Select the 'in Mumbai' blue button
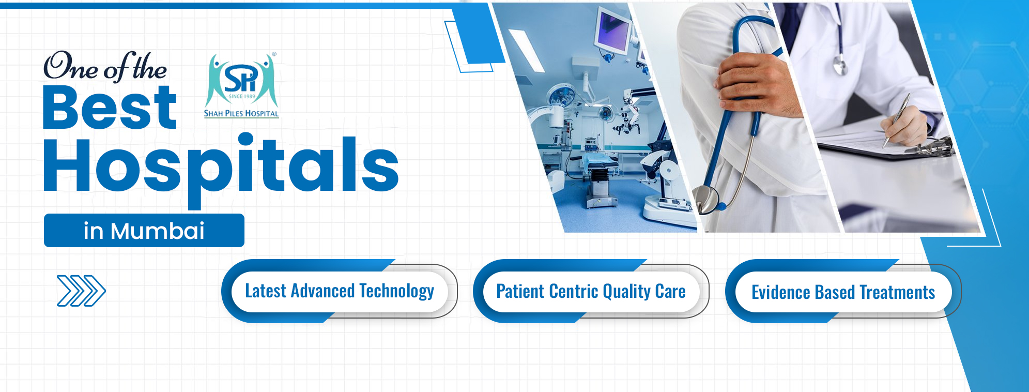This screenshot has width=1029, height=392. click(x=144, y=231)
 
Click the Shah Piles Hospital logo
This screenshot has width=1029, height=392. click(x=241, y=85)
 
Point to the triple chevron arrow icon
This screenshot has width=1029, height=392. click(x=81, y=291)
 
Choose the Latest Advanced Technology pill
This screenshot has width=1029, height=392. click(x=339, y=291)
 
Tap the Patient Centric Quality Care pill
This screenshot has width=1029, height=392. click(x=591, y=291)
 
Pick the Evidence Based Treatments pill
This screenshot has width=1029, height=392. click(x=843, y=292)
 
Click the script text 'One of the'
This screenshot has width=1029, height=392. click(x=105, y=67)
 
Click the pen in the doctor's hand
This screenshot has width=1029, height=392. click(x=896, y=120)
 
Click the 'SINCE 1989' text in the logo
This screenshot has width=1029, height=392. click(x=242, y=96)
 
